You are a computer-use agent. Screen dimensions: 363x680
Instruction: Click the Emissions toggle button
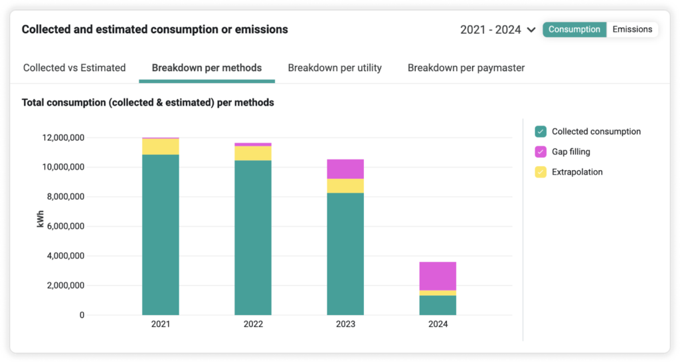(632, 29)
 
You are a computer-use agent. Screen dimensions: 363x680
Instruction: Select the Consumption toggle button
(574, 29)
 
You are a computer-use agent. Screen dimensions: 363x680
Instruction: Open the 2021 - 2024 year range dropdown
(498, 30)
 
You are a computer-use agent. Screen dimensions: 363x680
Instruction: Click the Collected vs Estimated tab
(74, 68)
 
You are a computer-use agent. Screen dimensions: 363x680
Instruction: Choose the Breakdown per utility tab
(335, 68)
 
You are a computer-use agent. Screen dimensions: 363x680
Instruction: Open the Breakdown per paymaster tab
(466, 68)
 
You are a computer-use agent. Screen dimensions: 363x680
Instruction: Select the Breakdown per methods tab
(207, 68)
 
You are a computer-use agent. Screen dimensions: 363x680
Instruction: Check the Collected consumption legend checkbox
(541, 132)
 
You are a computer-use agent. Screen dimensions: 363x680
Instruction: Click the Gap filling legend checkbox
(541, 152)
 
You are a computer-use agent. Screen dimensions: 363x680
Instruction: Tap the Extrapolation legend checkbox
(541, 172)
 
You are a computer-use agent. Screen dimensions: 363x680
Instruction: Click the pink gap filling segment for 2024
(438, 276)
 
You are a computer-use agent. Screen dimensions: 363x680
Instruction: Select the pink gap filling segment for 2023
(345, 169)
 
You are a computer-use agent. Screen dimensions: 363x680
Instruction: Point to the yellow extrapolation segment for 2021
(161, 146)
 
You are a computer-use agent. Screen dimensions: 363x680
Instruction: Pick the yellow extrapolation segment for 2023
(345, 185)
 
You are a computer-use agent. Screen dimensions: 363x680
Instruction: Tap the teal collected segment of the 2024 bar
(438, 305)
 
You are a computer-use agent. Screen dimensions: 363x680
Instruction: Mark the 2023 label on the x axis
(345, 324)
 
